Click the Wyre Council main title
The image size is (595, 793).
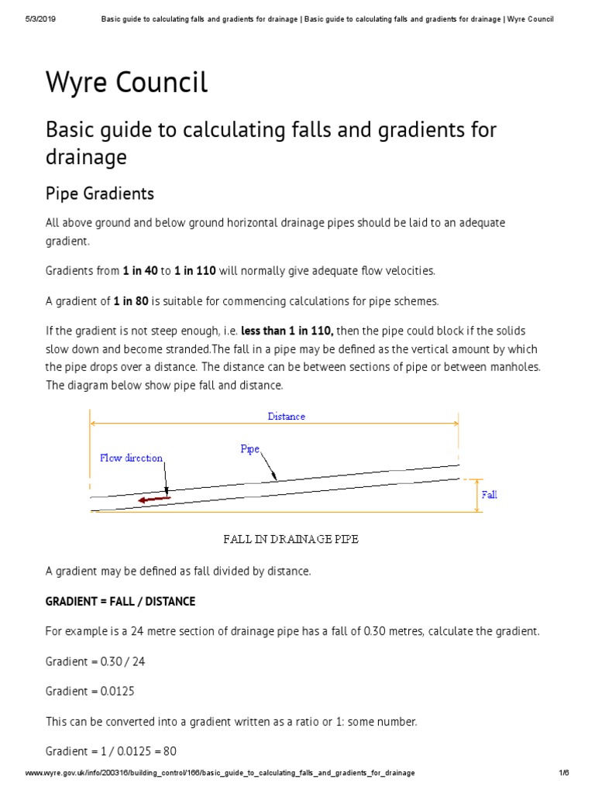[126, 82]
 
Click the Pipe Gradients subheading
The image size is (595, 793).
[100, 193]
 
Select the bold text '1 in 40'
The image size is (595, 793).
[139, 271]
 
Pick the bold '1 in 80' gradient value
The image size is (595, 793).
[131, 301]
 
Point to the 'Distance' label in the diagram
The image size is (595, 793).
[286, 417]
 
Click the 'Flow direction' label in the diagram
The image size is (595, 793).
[131, 458]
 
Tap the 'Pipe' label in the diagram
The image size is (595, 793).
[249, 449]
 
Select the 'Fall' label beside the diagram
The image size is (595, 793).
[489, 495]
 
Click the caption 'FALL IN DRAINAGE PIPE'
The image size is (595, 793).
[291, 539]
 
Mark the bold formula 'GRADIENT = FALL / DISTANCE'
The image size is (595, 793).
[120, 601]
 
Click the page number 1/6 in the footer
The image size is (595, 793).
[563, 774]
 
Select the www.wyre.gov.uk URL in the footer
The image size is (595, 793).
[221, 774]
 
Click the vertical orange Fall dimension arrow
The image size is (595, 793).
[476, 495]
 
